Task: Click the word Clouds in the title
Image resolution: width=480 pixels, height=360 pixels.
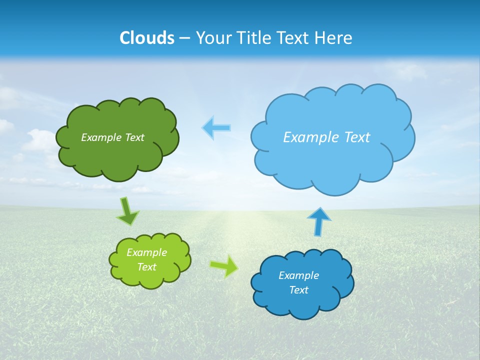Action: coord(146,38)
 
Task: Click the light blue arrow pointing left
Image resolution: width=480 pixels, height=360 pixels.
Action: coord(216,128)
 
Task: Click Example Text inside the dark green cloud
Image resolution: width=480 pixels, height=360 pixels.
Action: coord(112,137)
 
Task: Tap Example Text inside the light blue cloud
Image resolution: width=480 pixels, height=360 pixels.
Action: coord(326,137)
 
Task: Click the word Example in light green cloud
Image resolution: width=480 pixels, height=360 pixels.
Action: coord(146,252)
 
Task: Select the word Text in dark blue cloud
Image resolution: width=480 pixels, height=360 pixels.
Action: coord(298,290)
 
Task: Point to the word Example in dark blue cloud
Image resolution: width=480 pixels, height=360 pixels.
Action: coord(298,275)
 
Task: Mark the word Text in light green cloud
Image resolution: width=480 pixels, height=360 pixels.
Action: coord(146,267)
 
